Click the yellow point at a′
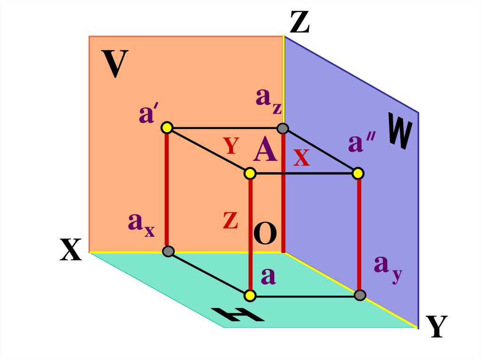[167, 128]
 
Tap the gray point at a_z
[282, 128]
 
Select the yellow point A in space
[250, 174]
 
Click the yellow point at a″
[358, 174]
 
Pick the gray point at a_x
[168, 251]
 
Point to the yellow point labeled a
[250, 296]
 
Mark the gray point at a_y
[360, 295]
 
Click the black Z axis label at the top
[299, 22]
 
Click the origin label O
[265, 234]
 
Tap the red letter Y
[232, 146]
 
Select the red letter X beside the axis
[301, 159]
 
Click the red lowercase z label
[230, 220]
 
